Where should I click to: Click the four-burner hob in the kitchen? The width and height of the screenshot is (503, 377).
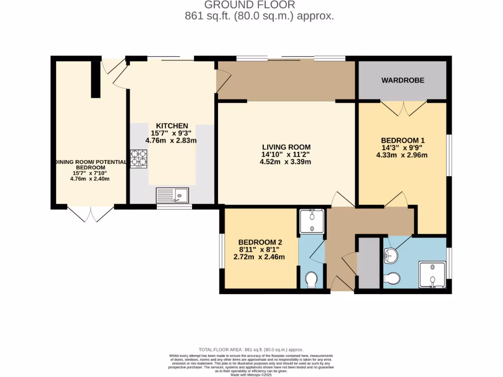pyautogui.click(x=139, y=159)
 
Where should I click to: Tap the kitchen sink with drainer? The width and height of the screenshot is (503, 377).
pyautogui.click(x=172, y=195)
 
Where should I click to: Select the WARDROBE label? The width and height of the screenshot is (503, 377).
pyautogui.click(x=403, y=80)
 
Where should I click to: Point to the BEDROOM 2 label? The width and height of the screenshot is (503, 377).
pyautogui.click(x=260, y=242)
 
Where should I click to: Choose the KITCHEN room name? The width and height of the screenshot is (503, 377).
pyautogui.click(x=172, y=126)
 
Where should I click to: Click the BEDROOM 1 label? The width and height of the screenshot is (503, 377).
pyautogui.click(x=402, y=139)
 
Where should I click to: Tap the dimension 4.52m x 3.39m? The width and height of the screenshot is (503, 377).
pyautogui.click(x=286, y=162)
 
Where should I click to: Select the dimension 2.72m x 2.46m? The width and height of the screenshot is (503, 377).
pyautogui.click(x=260, y=257)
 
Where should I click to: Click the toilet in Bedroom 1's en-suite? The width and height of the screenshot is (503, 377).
pyautogui.click(x=392, y=278)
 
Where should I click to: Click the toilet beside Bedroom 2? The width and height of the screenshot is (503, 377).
pyautogui.click(x=311, y=280)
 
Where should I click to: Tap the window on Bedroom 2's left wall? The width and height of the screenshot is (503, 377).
pyautogui.click(x=222, y=251)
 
